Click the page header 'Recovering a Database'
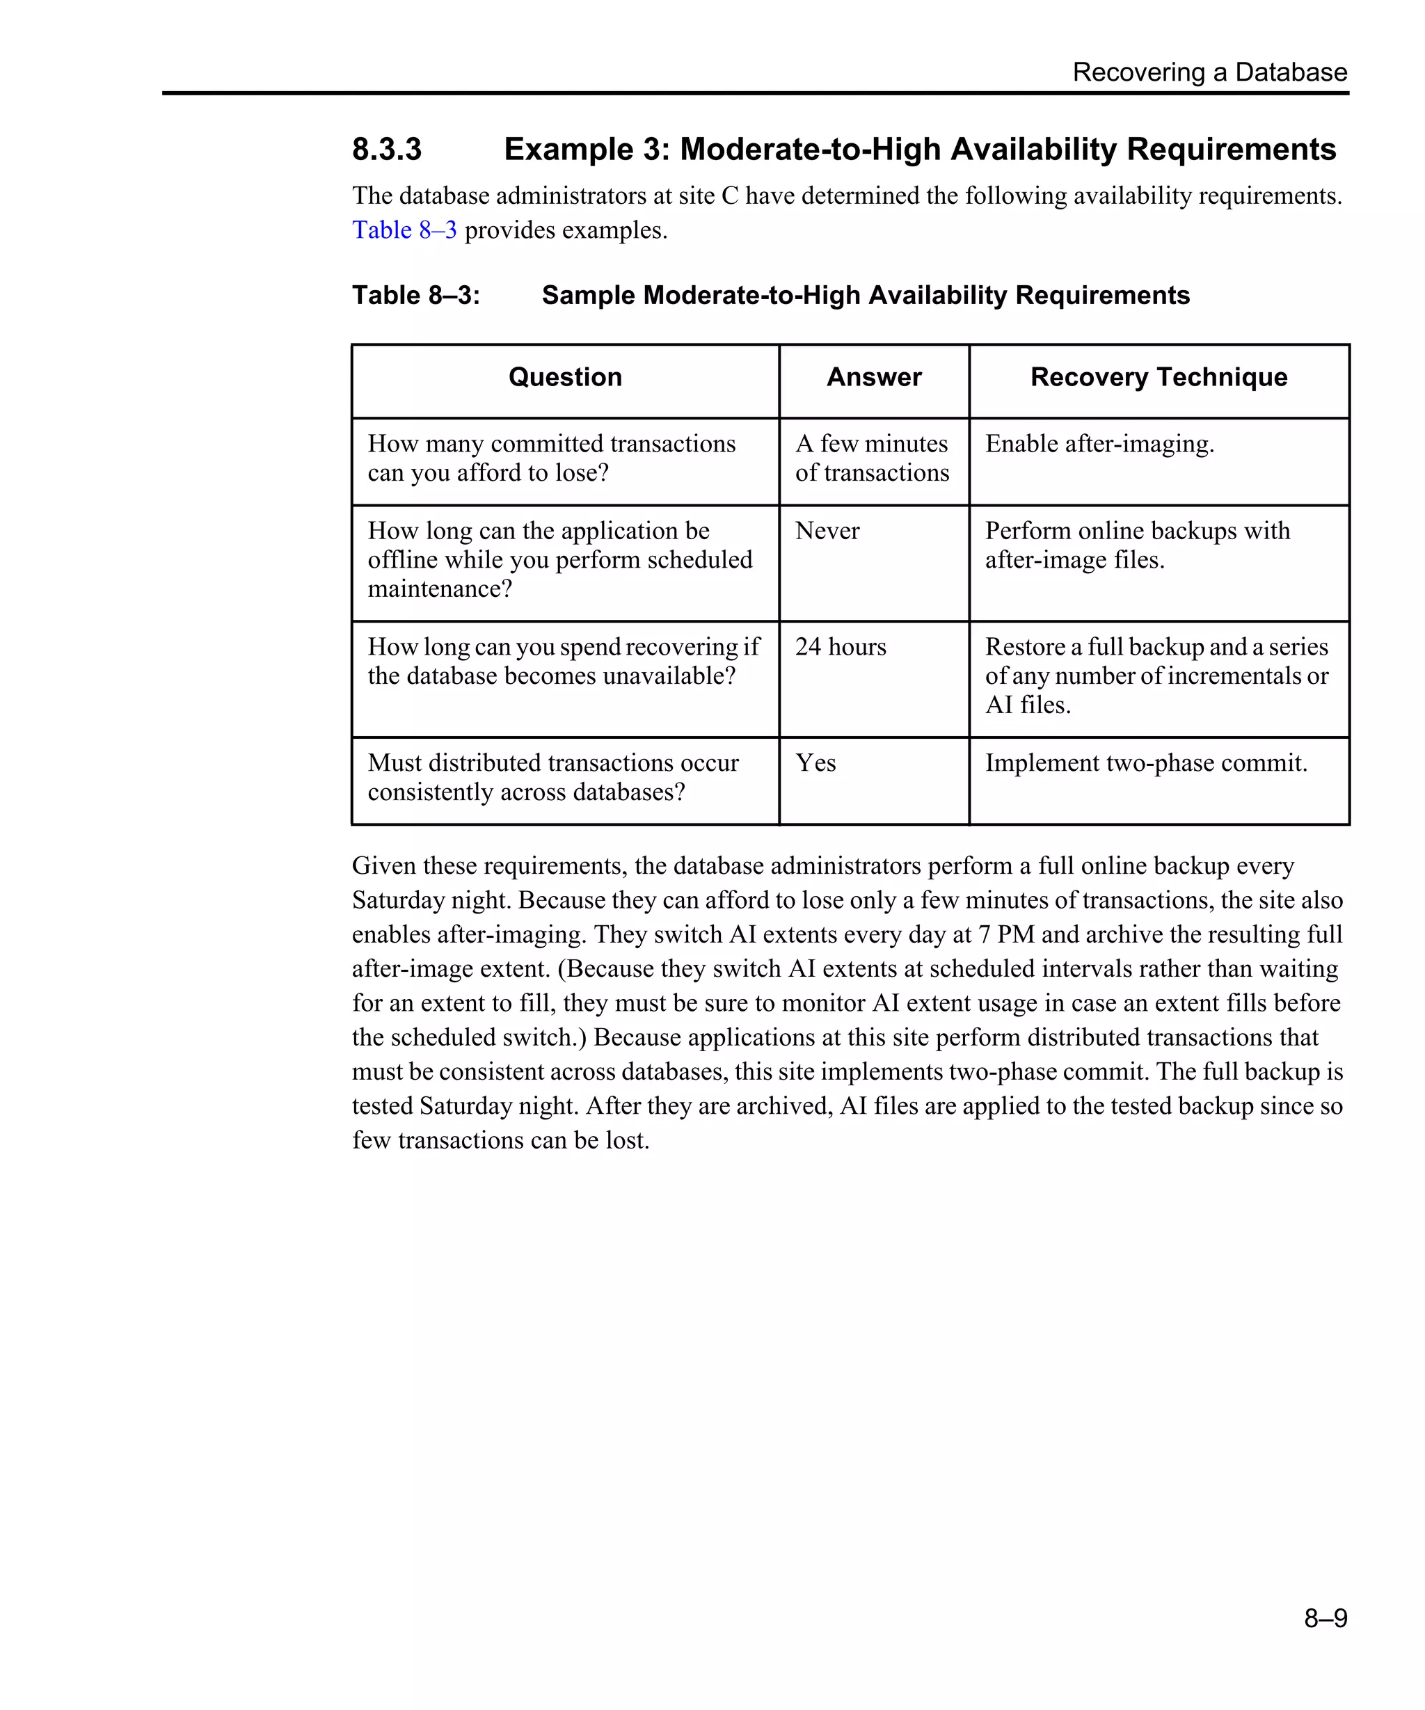1209,72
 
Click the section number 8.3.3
387,149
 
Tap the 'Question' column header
565,377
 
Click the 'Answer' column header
874,377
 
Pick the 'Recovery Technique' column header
1158,377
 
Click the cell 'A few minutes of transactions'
872,458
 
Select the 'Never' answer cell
827,531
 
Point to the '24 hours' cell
841,646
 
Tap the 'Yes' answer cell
816,763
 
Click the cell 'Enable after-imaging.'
1099,444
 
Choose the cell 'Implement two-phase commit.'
1146,763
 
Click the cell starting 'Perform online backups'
1137,545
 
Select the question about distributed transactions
553,778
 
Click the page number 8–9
1325,1617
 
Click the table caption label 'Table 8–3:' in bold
416,295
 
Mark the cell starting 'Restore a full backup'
1156,676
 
